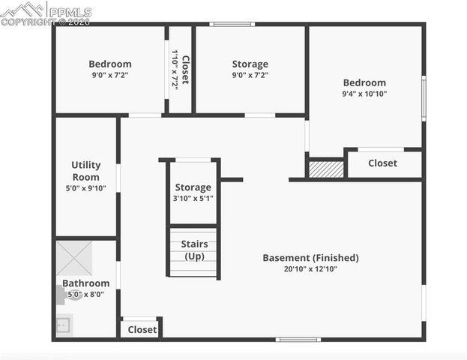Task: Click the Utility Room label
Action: pyautogui.click(x=85, y=171)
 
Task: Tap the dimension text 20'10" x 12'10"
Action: pyautogui.click(x=310, y=269)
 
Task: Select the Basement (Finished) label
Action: pyautogui.click(x=310, y=258)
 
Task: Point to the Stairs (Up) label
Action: pyautogui.click(x=194, y=250)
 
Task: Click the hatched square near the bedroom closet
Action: pyautogui.click(x=326, y=169)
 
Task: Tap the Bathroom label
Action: pyautogui.click(x=85, y=283)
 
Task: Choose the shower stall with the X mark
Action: pyautogui.click(x=74, y=258)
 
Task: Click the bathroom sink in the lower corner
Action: pyautogui.click(x=64, y=325)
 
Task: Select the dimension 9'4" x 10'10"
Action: pyautogui.click(x=364, y=94)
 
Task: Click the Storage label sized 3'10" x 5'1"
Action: pyautogui.click(x=193, y=187)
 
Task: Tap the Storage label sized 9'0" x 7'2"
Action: pyautogui.click(x=250, y=64)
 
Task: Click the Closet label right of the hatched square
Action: pyautogui.click(x=382, y=163)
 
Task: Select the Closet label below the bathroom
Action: pyautogui.click(x=142, y=329)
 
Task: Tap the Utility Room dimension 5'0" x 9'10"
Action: pyautogui.click(x=85, y=188)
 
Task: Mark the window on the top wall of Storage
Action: pyautogui.click(x=232, y=25)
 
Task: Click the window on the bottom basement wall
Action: pyautogui.click(x=298, y=340)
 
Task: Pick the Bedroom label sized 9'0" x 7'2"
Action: pyautogui.click(x=109, y=64)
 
